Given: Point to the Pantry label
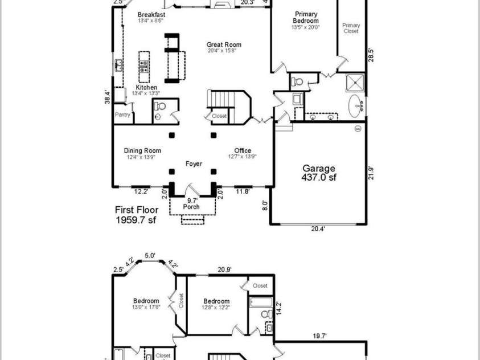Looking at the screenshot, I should click(x=122, y=114).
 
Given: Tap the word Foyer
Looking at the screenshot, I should click(x=194, y=164).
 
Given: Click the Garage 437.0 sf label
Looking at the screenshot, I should click(x=319, y=173).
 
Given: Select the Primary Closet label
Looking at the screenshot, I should click(x=351, y=28).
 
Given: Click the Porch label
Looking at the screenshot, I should click(x=192, y=206).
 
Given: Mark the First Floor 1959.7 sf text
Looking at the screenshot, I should click(x=137, y=214).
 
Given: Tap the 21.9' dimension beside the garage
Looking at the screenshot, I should click(x=371, y=173).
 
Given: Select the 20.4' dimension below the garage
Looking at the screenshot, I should click(x=318, y=229).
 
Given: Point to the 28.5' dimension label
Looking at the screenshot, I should click(x=371, y=55).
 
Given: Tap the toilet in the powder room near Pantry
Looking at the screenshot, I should click(x=161, y=107).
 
